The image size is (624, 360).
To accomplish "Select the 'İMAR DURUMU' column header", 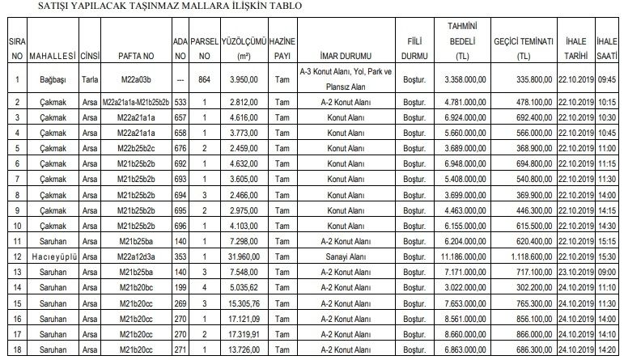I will (x=350, y=57).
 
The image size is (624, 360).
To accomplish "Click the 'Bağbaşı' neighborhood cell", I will (x=52, y=79).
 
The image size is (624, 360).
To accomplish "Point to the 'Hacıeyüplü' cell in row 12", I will (x=52, y=256).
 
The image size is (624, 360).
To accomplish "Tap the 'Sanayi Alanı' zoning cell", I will (x=350, y=256).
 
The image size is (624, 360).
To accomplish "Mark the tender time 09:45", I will (x=608, y=79).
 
